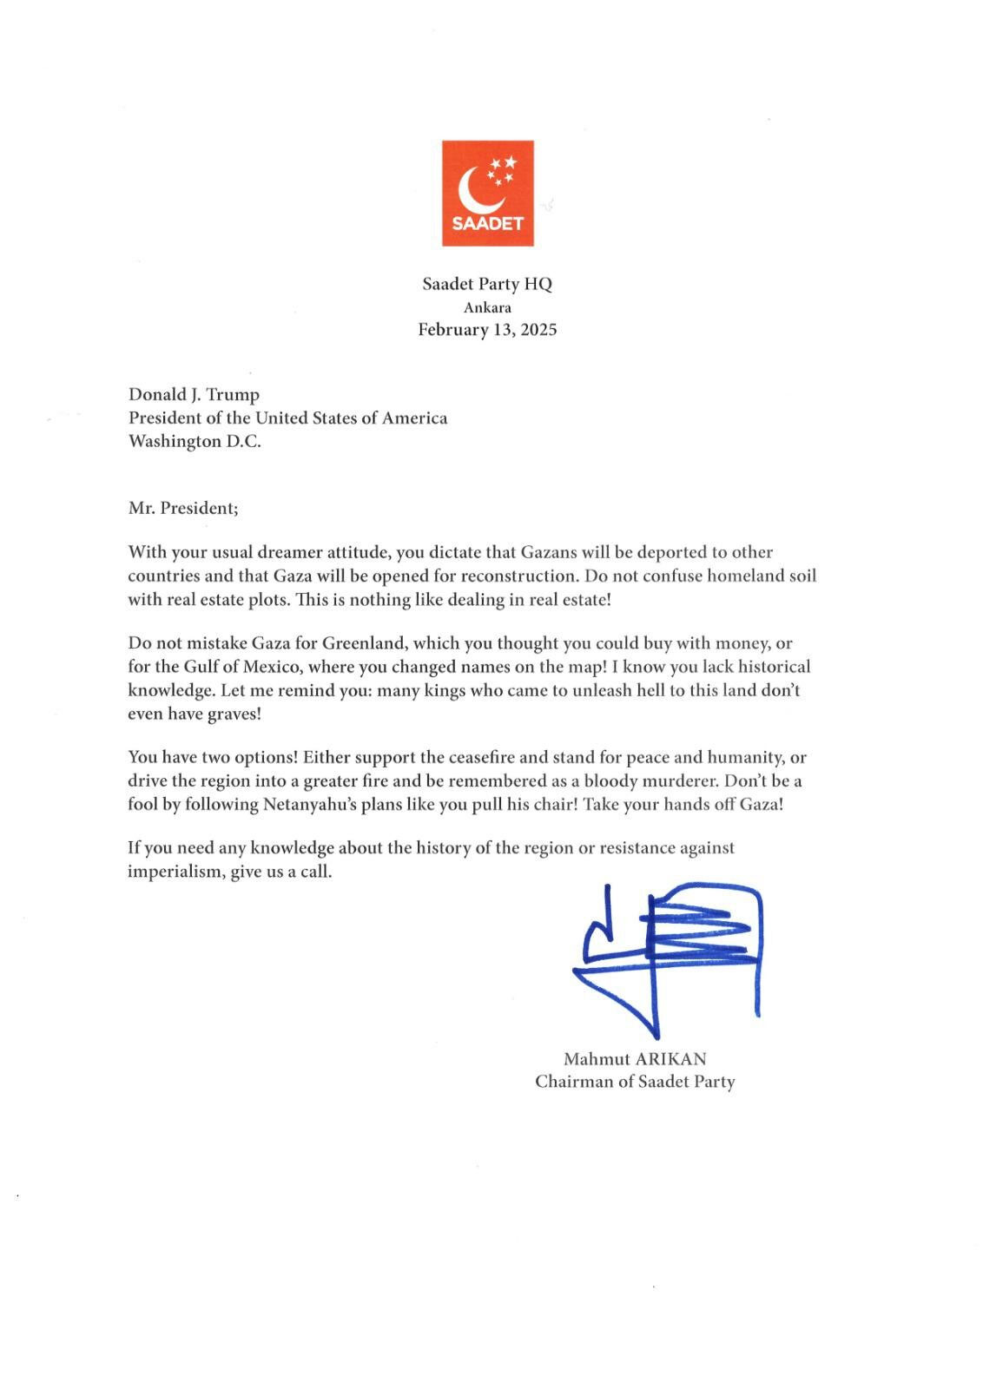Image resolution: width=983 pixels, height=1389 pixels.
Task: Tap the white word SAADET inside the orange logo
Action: click(487, 223)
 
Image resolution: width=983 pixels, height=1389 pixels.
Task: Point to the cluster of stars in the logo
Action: click(501, 169)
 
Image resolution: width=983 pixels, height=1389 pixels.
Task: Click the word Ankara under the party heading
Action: click(487, 307)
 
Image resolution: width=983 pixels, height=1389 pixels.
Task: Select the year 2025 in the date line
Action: click(538, 330)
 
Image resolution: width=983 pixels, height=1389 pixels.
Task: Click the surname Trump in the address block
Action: click(232, 395)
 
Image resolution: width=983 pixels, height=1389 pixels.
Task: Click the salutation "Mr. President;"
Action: click(182, 509)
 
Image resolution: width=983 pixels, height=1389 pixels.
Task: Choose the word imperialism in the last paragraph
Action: click(174, 872)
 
